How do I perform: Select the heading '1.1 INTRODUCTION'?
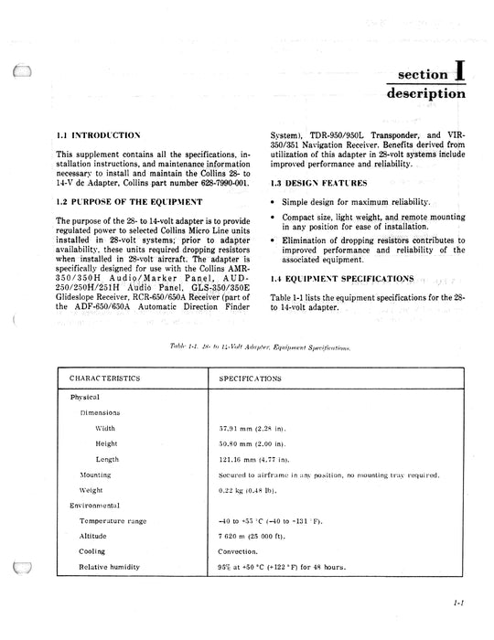(x=99, y=134)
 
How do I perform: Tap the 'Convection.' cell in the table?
(x=240, y=552)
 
